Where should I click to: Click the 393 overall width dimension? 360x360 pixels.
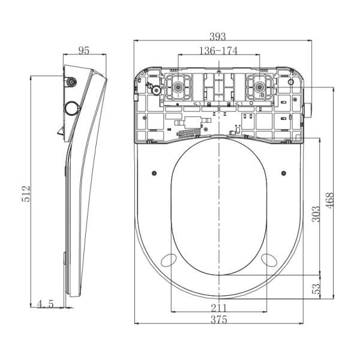click(x=218, y=37)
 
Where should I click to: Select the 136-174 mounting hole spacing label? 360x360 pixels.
click(x=218, y=51)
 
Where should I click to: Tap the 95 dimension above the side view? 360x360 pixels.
click(x=84, y=50)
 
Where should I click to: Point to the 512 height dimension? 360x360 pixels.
click(x=26, y=194)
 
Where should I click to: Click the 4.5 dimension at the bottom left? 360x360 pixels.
click(x=45, y=304)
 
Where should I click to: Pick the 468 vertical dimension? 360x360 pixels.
click(x=329, y=200)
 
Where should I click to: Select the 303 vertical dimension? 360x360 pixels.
click(x=316, y=214)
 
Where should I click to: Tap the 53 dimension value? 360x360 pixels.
click(x=316, y=289)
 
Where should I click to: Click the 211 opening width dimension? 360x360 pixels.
click(x=219, y=308)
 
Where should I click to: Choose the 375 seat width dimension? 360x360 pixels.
click(x=219, y=319)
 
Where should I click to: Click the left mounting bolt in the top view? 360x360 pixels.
click(x=178, y=87)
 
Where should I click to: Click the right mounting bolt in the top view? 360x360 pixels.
click(x=259, y=87)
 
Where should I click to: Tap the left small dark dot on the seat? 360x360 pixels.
click(x=155, y=173)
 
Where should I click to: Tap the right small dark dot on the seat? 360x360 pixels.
click(x=284, y=173)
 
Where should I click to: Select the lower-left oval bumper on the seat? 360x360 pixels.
click(x=169, y=260)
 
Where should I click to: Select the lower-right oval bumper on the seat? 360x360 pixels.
click(x=269, y=260)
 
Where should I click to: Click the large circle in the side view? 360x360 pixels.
click(x=72, y=108)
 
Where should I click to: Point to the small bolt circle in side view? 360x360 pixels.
click(x=72, y=82)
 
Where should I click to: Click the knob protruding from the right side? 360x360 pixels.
click(x=308, y=110)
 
